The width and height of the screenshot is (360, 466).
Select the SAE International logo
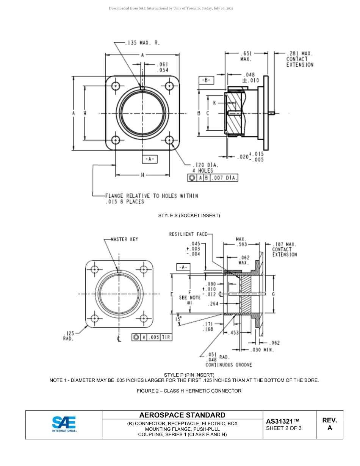[x=64, y=424]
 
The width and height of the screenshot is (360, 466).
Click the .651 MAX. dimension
[x=246, y=56]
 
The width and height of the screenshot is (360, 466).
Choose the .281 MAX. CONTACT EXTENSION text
[x=299, y=59]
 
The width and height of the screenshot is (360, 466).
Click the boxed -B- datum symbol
[x=206, y=80]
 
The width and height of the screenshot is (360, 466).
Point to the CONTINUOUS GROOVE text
[x=229, y=365]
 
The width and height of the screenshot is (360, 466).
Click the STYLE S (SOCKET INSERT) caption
[x=189, y=216]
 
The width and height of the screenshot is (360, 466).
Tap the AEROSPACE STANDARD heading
[x=182, y=415]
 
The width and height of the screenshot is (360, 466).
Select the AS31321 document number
[x=283, y=421]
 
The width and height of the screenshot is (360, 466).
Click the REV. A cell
[x=329, y=424]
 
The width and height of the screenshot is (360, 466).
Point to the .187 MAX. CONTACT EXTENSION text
[x=284, y=249]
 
